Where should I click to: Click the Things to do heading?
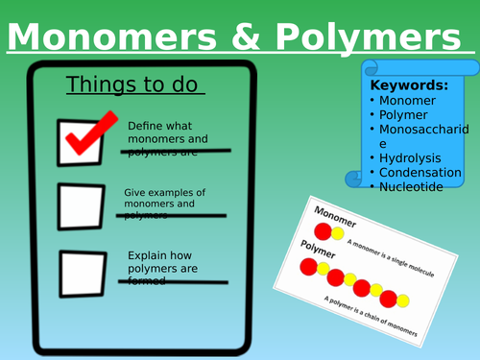point(135,85)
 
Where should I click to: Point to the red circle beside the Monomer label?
point(324,232)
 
